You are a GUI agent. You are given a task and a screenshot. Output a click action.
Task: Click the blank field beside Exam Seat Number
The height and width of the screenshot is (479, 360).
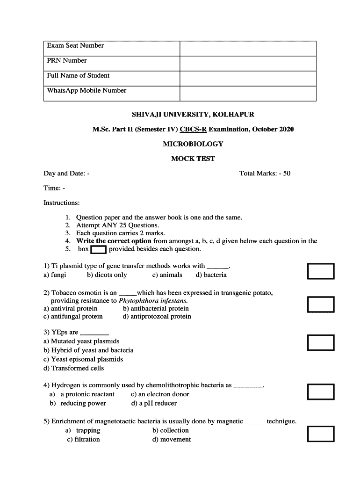(x=248, y=49)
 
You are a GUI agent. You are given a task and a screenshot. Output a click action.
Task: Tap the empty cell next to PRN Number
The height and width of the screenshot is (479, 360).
(x=248, y=64)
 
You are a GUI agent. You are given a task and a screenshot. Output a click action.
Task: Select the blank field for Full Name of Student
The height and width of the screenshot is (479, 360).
(x=248, y=79)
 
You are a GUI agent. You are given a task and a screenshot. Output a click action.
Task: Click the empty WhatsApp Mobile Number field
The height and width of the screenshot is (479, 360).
(x=248, y=94)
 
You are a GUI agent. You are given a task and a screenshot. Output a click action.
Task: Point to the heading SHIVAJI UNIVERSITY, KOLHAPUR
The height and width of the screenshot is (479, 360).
(x=193, y=115)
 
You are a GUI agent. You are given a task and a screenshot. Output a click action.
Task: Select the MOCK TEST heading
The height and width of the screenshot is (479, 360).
(x=193, y=159)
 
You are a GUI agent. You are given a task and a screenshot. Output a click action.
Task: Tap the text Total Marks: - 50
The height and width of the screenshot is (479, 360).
(x=265, y=174)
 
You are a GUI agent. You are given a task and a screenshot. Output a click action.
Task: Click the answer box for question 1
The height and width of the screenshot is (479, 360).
(x=321, y=271)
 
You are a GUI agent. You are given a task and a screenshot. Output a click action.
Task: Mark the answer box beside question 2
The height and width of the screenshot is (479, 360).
(x=321, y=305)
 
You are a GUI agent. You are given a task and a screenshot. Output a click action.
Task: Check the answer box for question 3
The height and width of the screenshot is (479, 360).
(x=321, y=342)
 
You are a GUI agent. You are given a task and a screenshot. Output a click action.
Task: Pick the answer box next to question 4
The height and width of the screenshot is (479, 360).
(x=321, y=392)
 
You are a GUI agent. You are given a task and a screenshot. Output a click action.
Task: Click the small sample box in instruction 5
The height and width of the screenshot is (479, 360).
(x=99, y=249)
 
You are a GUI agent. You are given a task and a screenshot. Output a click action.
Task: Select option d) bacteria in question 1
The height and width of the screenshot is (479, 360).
(x=211, y=275)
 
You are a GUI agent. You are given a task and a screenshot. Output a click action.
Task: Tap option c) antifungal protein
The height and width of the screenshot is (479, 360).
(x=73, y=317)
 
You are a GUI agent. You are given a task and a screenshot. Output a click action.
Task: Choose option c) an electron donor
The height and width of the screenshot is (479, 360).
(x=160, y=394)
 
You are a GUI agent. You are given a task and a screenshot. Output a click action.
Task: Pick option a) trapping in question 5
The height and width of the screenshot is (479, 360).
(x=83, y=430)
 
